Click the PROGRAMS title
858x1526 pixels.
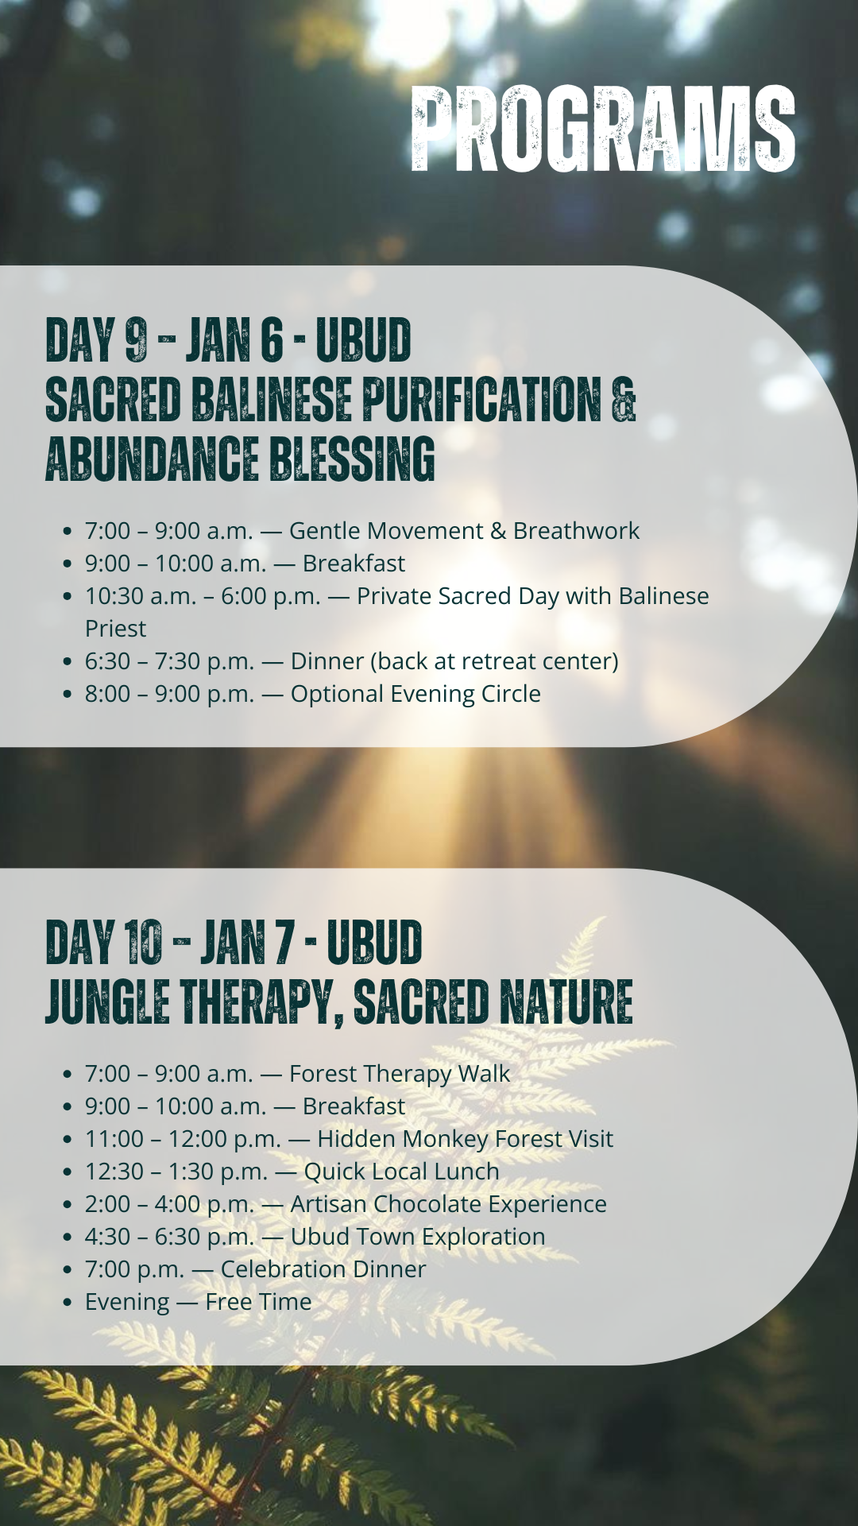coord(603,129)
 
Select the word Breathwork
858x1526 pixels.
coord(576,530)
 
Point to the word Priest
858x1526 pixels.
coord(116,629)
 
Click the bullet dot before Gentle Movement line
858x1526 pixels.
coord(68,532)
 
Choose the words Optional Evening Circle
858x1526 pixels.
coord(415,694)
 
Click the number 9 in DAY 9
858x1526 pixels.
coord(136,339)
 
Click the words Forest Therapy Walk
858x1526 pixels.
coord(400,1074)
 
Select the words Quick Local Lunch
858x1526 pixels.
coord(401,1172)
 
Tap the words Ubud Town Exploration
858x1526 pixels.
coord(418,1237)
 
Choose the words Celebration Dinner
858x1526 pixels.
coord(323,1269)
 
